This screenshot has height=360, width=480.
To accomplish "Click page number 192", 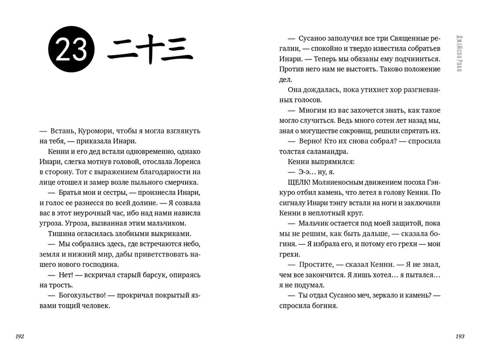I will (20, 336).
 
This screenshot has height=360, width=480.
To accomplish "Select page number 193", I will (460, 336).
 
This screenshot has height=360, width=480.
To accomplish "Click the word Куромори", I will (95, 131).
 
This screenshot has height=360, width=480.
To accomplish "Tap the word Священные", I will (400, 38).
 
